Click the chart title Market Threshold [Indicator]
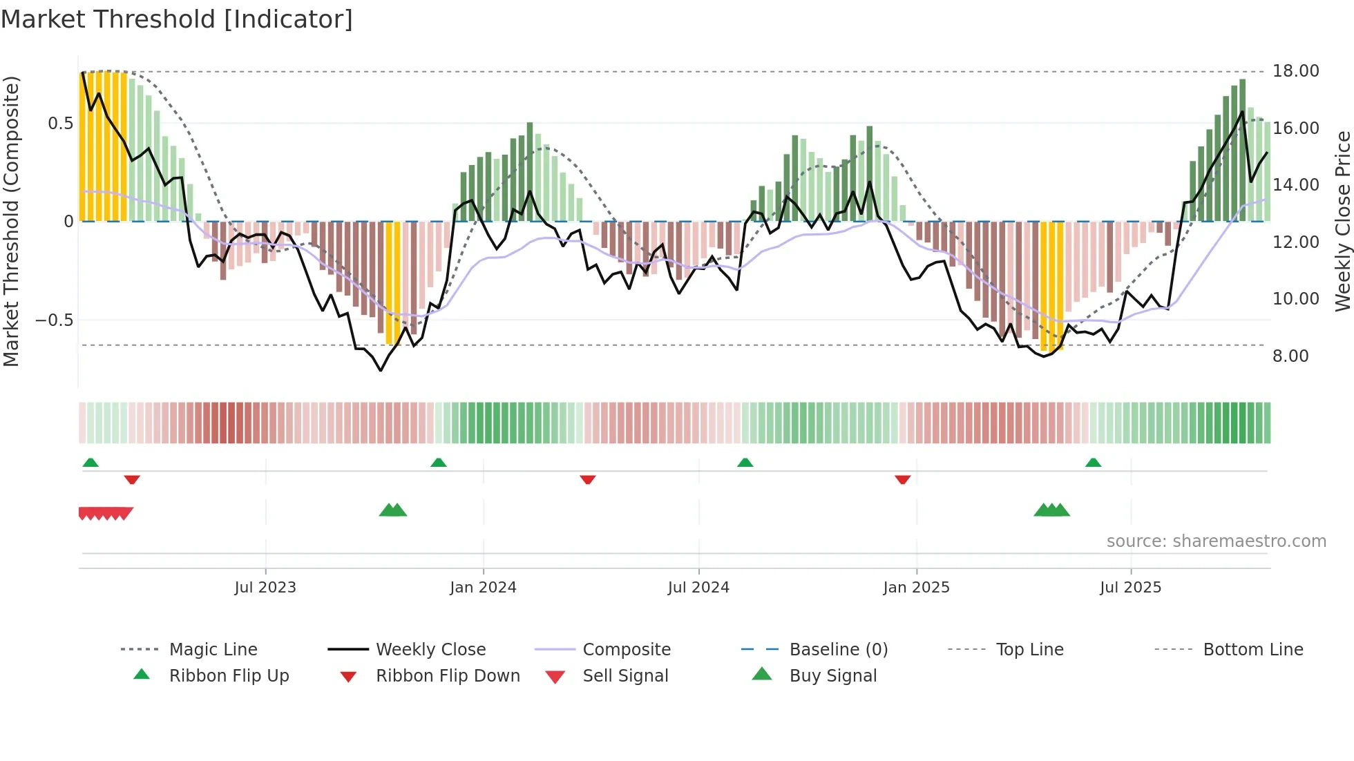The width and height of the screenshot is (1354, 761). point(177,19)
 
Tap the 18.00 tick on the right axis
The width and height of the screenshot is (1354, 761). point(1295,71)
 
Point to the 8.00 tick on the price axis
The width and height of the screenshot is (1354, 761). point(1290,356)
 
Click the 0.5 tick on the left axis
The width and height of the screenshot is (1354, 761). point(60,124)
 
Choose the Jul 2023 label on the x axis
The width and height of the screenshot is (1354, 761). point(265,588)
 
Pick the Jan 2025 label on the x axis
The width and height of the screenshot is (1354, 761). point(916,588)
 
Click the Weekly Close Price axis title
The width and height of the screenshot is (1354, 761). point(1342,221)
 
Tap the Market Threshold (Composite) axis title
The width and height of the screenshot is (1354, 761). point(11,221)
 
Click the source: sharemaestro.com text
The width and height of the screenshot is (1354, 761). point(1216,541)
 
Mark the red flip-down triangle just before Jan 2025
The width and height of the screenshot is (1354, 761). point(902,479)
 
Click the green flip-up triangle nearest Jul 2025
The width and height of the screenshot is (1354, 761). point(1093,463)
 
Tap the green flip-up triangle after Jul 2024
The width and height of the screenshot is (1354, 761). point(745,463)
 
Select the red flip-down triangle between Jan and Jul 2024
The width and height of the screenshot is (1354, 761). point(588,479)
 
